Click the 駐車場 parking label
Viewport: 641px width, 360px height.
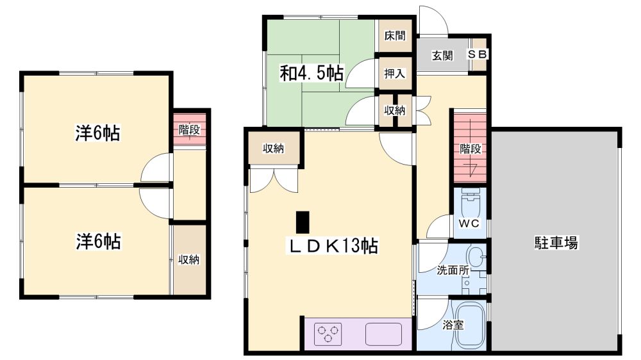556,243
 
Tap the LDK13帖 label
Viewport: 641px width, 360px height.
334,245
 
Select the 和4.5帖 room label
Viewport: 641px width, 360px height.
312,73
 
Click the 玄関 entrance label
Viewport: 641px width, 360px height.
442,56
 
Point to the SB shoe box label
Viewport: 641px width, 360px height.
477,54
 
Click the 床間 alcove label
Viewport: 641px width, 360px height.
395,35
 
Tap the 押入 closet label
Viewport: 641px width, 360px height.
394,74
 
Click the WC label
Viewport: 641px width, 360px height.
469,223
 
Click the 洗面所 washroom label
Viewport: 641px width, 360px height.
453,270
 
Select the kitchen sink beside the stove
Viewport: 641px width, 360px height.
383,334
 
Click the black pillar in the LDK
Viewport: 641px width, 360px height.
303,222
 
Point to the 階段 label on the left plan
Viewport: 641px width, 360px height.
189,130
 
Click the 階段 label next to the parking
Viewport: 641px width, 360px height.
470,149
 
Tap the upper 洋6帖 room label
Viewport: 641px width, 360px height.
97,133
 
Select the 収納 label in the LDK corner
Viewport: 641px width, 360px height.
273,149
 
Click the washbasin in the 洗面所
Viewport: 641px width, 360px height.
476,258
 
